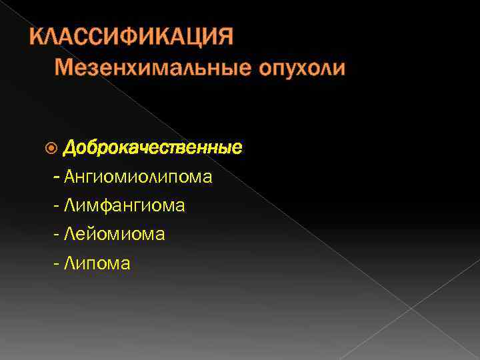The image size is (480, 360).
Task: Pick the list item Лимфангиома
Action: [125, 206]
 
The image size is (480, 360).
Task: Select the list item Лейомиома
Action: [115, 235]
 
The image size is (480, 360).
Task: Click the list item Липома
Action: [97, 264]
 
